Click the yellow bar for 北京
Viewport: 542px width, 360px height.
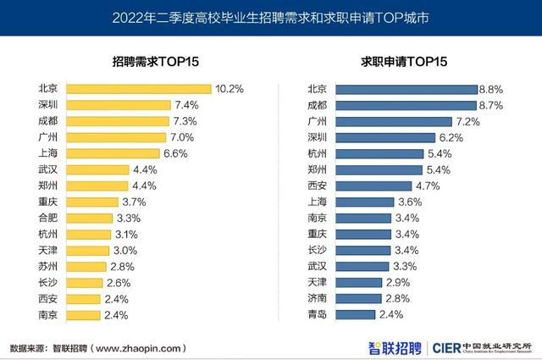[139, 88]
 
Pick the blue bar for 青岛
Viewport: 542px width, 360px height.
[355, 315]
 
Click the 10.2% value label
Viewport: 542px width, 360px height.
[230, 88]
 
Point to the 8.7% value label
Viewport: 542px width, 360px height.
[491, 105]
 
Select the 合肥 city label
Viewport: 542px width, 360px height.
[48, 218]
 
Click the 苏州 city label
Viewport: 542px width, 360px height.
[48, 266]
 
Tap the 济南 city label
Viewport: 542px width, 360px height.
[317, 299]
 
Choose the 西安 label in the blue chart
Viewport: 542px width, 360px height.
[317, 186]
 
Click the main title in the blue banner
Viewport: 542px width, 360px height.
[271, 17]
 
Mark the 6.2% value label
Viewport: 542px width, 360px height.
[451, 137]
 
